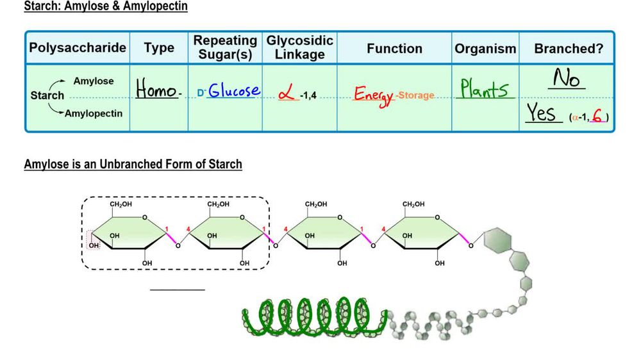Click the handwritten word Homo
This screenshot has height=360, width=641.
pos(157,90)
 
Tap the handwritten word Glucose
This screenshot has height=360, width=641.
pos(234,90)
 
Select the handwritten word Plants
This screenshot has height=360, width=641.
pos(485,89)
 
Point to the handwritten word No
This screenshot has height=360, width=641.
pos(566,79)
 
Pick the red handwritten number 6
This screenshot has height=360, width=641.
pos(597,116)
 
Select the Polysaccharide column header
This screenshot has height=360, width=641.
pos(78,49)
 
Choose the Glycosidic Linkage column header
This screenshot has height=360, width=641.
pos(300,48)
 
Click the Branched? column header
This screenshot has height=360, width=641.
pos(569,49)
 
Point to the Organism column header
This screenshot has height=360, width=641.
pos(485,49)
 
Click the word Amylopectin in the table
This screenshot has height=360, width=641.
pos(98,113)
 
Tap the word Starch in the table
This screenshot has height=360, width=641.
pos(47,95)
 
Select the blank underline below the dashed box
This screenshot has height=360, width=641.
pos(178,290)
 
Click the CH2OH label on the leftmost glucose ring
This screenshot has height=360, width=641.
pos(121,204)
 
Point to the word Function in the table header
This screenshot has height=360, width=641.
pos(394,49)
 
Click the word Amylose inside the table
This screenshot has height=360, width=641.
pos(94,81)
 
